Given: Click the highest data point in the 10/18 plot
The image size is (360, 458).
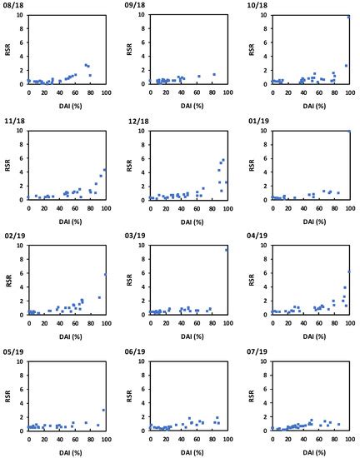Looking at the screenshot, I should pyautogui.click(x=348, y=17).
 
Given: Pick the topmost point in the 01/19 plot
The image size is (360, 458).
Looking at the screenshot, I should pyautogui.click(x=348, y=132).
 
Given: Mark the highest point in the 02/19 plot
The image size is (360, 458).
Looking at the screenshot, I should pyautogui.click(x=105, y=275).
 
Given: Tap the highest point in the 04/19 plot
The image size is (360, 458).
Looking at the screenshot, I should pyautogui.click(x=348, y=271).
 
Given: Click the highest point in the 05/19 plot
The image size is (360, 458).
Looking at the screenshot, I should pyautogui.click(x=103, y=410).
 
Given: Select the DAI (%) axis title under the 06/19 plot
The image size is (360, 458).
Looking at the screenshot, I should pyautogui.click(x=187, y=450).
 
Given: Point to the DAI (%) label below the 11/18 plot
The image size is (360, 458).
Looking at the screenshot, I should pyautogui.click(x=67, y=219).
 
